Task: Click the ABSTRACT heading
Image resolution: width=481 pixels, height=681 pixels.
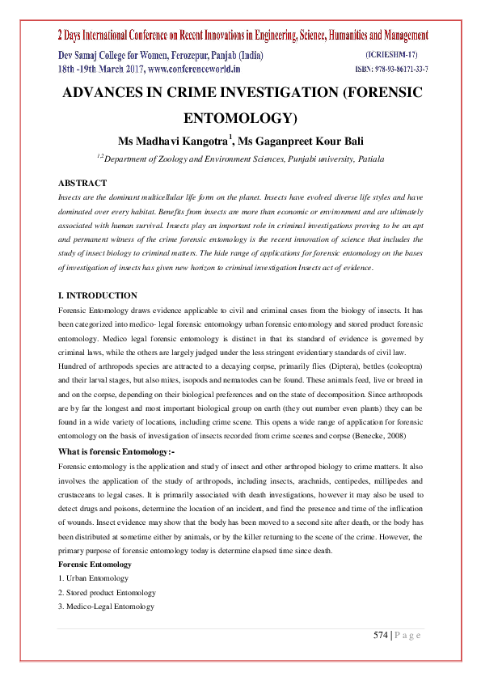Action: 82,184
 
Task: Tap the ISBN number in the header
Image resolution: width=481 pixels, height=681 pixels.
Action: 391,70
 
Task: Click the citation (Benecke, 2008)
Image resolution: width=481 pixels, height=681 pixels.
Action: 388,437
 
